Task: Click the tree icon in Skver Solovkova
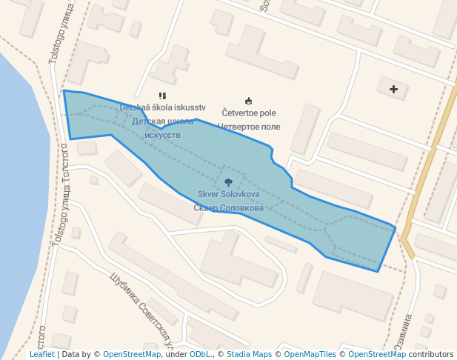227,181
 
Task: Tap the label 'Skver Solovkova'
228,194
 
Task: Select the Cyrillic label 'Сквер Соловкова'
228,208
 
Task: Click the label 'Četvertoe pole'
248,113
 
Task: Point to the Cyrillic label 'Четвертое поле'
248,127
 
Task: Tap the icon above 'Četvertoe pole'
248,101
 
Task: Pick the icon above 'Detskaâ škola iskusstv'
162,96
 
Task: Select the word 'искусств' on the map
162,135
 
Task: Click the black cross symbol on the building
393,90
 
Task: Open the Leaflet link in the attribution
42,355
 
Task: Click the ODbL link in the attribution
200,355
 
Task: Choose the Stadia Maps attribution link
250,355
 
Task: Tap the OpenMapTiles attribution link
307,355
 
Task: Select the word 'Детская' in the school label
147,121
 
